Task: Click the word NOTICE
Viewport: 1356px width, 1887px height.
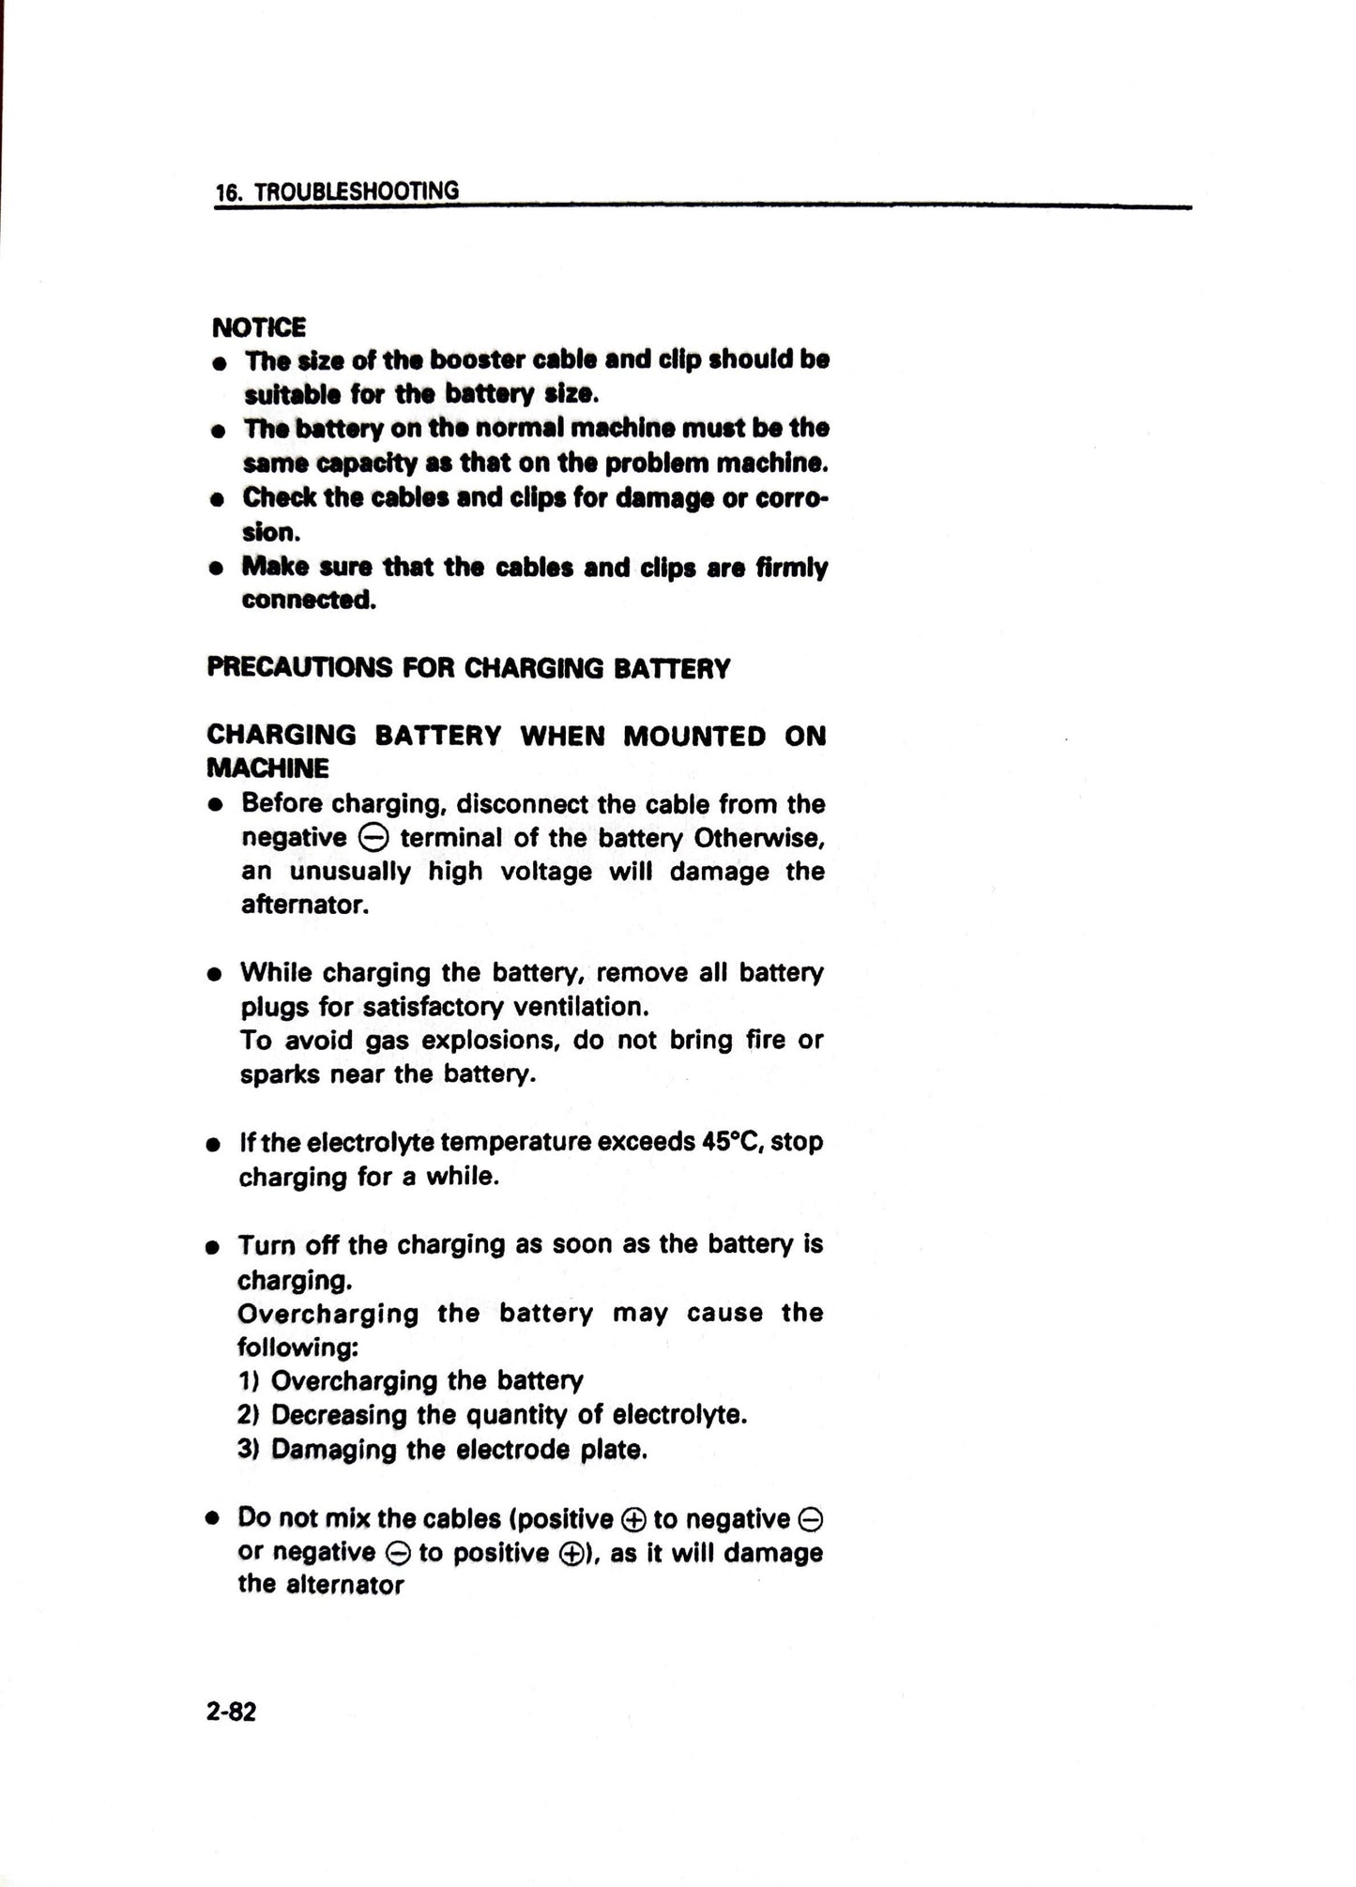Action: click(259, 327)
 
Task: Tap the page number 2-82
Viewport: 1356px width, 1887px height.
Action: click(232, 1712)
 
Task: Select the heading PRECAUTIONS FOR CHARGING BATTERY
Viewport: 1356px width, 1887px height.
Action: click(468, 668)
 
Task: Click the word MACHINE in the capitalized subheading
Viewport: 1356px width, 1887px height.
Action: click(267, 768)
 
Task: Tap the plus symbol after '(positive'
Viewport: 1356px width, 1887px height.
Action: click(632, 1520)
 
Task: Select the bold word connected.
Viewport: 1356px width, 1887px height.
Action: click(309, 601)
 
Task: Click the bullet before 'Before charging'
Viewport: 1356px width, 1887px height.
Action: click(217, 805)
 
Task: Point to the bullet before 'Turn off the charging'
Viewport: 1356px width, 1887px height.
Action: click(215, 1247)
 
